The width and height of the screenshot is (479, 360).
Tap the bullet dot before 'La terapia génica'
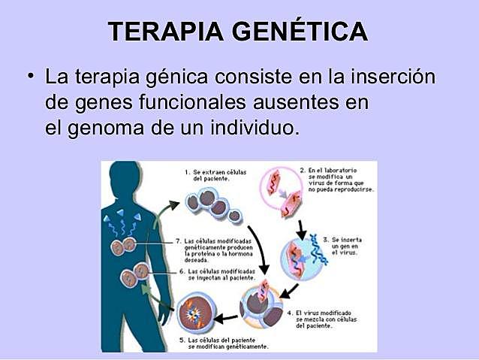coord(31,76)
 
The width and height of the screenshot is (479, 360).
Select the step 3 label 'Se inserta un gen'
coord(348,244)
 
